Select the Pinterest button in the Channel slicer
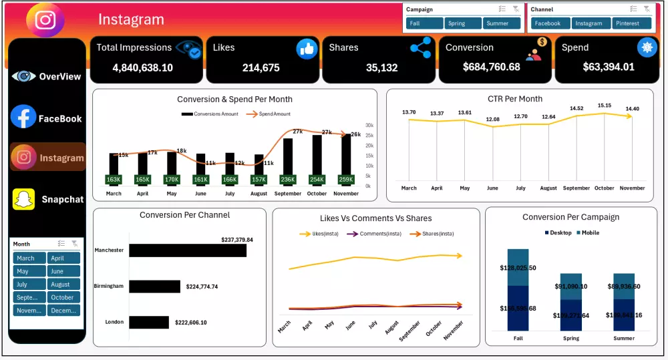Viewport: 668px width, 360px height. pos(629,23)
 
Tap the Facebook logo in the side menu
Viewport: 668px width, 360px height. pos(23,117)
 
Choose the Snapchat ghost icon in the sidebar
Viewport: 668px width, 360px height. pos(23,199)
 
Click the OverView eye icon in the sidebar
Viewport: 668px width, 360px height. pos(23,76)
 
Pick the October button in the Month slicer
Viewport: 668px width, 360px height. pos(63,297)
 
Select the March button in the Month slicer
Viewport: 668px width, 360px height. pos(29,258)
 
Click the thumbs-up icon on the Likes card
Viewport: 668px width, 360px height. pos(307,48)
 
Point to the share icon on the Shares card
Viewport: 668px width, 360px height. pos(421,48)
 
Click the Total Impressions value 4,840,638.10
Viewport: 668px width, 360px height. pos(143,67)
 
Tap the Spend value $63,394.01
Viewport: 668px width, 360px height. pos(609,67)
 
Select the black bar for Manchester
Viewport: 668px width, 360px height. pos(188,250)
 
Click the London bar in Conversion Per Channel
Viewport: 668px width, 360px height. pos(149,322)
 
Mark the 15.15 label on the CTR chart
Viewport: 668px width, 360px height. pos(605,106)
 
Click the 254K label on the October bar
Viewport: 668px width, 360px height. pos(317,180)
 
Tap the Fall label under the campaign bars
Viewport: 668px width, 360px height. pos(518,338)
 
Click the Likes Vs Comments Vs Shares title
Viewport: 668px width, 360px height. pos(375,218)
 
